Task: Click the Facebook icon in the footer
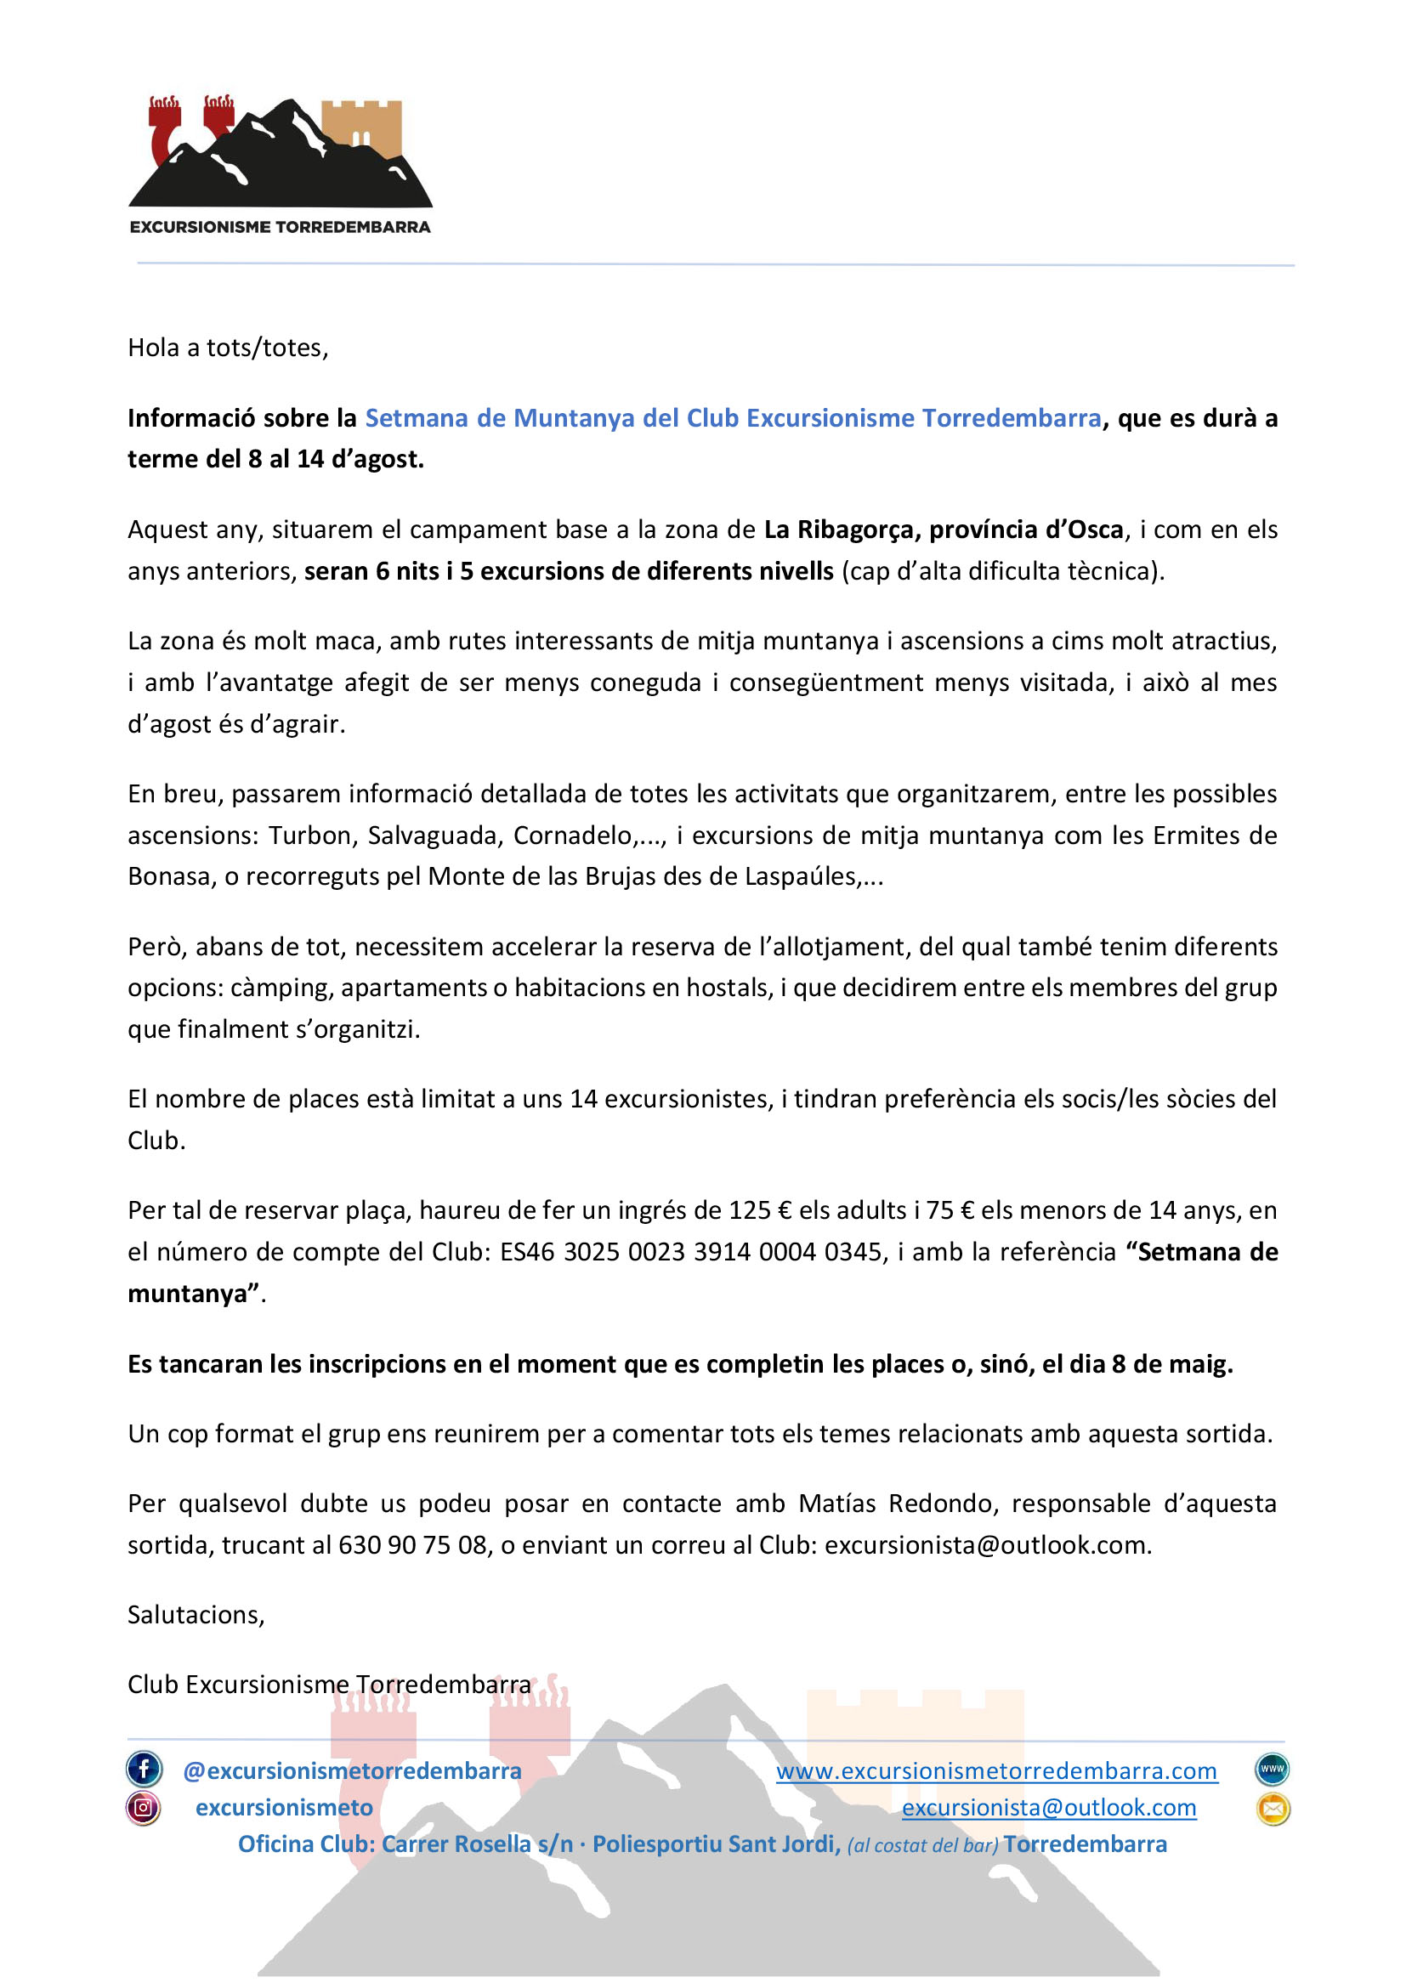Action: click(x=144, y=1769)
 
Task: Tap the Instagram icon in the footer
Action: click(x=144, y=1808)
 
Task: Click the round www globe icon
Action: click(x=1272, y=1769)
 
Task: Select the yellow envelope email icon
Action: click(x=1273, y=1808)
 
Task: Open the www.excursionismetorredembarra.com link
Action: click(x=996, y=1770)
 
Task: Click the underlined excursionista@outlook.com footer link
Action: click(x=1048, y=1808)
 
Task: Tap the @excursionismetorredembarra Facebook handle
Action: click(x=352, y=1770)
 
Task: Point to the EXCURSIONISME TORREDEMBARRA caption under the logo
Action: click(x=280, y=227)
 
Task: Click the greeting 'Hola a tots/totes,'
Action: click(x=228, y=348)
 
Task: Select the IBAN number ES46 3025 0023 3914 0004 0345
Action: click(x=690, y=1252)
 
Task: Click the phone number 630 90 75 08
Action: click(x=412, y=1545)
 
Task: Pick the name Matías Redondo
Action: click(x=898, y=1504)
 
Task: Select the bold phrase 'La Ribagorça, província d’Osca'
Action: click(x=943, y=529)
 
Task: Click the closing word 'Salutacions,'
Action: click(x=196, y=1615)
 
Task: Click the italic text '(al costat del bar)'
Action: click(x=922, y=1845)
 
